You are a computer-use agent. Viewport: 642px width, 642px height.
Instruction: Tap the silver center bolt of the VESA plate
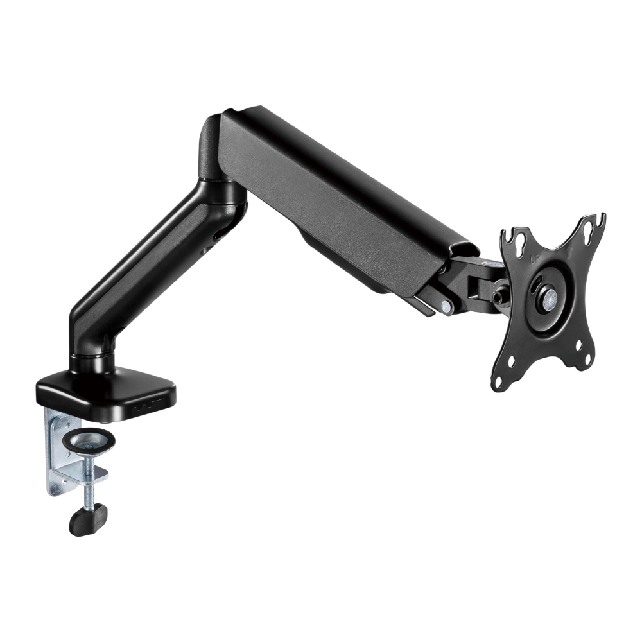550,297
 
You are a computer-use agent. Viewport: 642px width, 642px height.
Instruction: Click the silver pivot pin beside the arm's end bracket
446,307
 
